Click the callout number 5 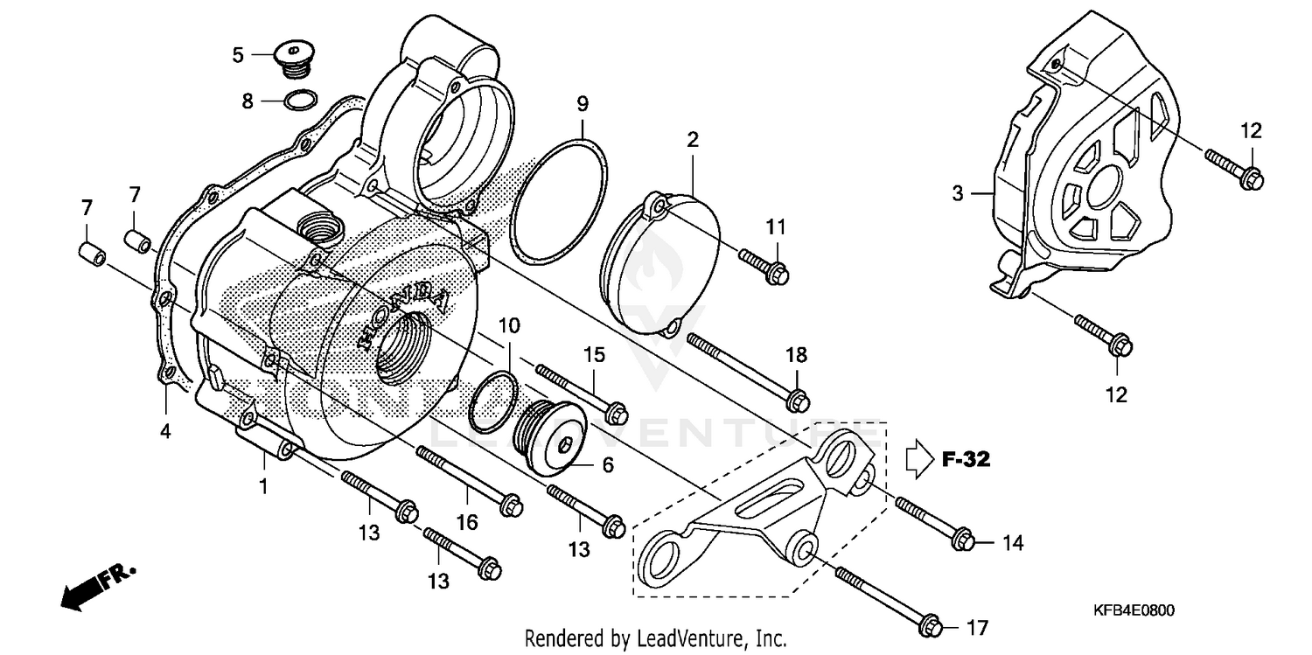[238, 55]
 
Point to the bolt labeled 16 [469, 478]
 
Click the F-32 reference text [966, 459]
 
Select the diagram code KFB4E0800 [1132, 614]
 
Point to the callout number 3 [958, 193]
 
